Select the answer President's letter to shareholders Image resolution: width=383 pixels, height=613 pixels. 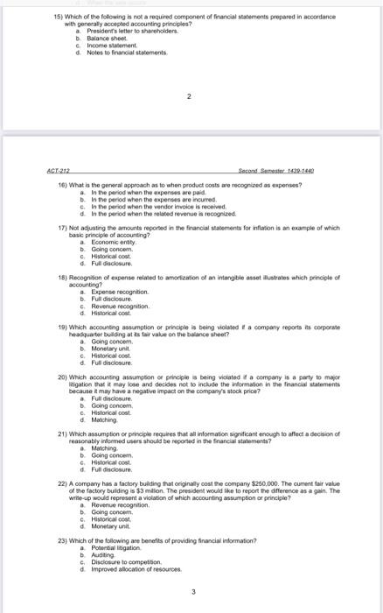[x=119, y=31]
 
